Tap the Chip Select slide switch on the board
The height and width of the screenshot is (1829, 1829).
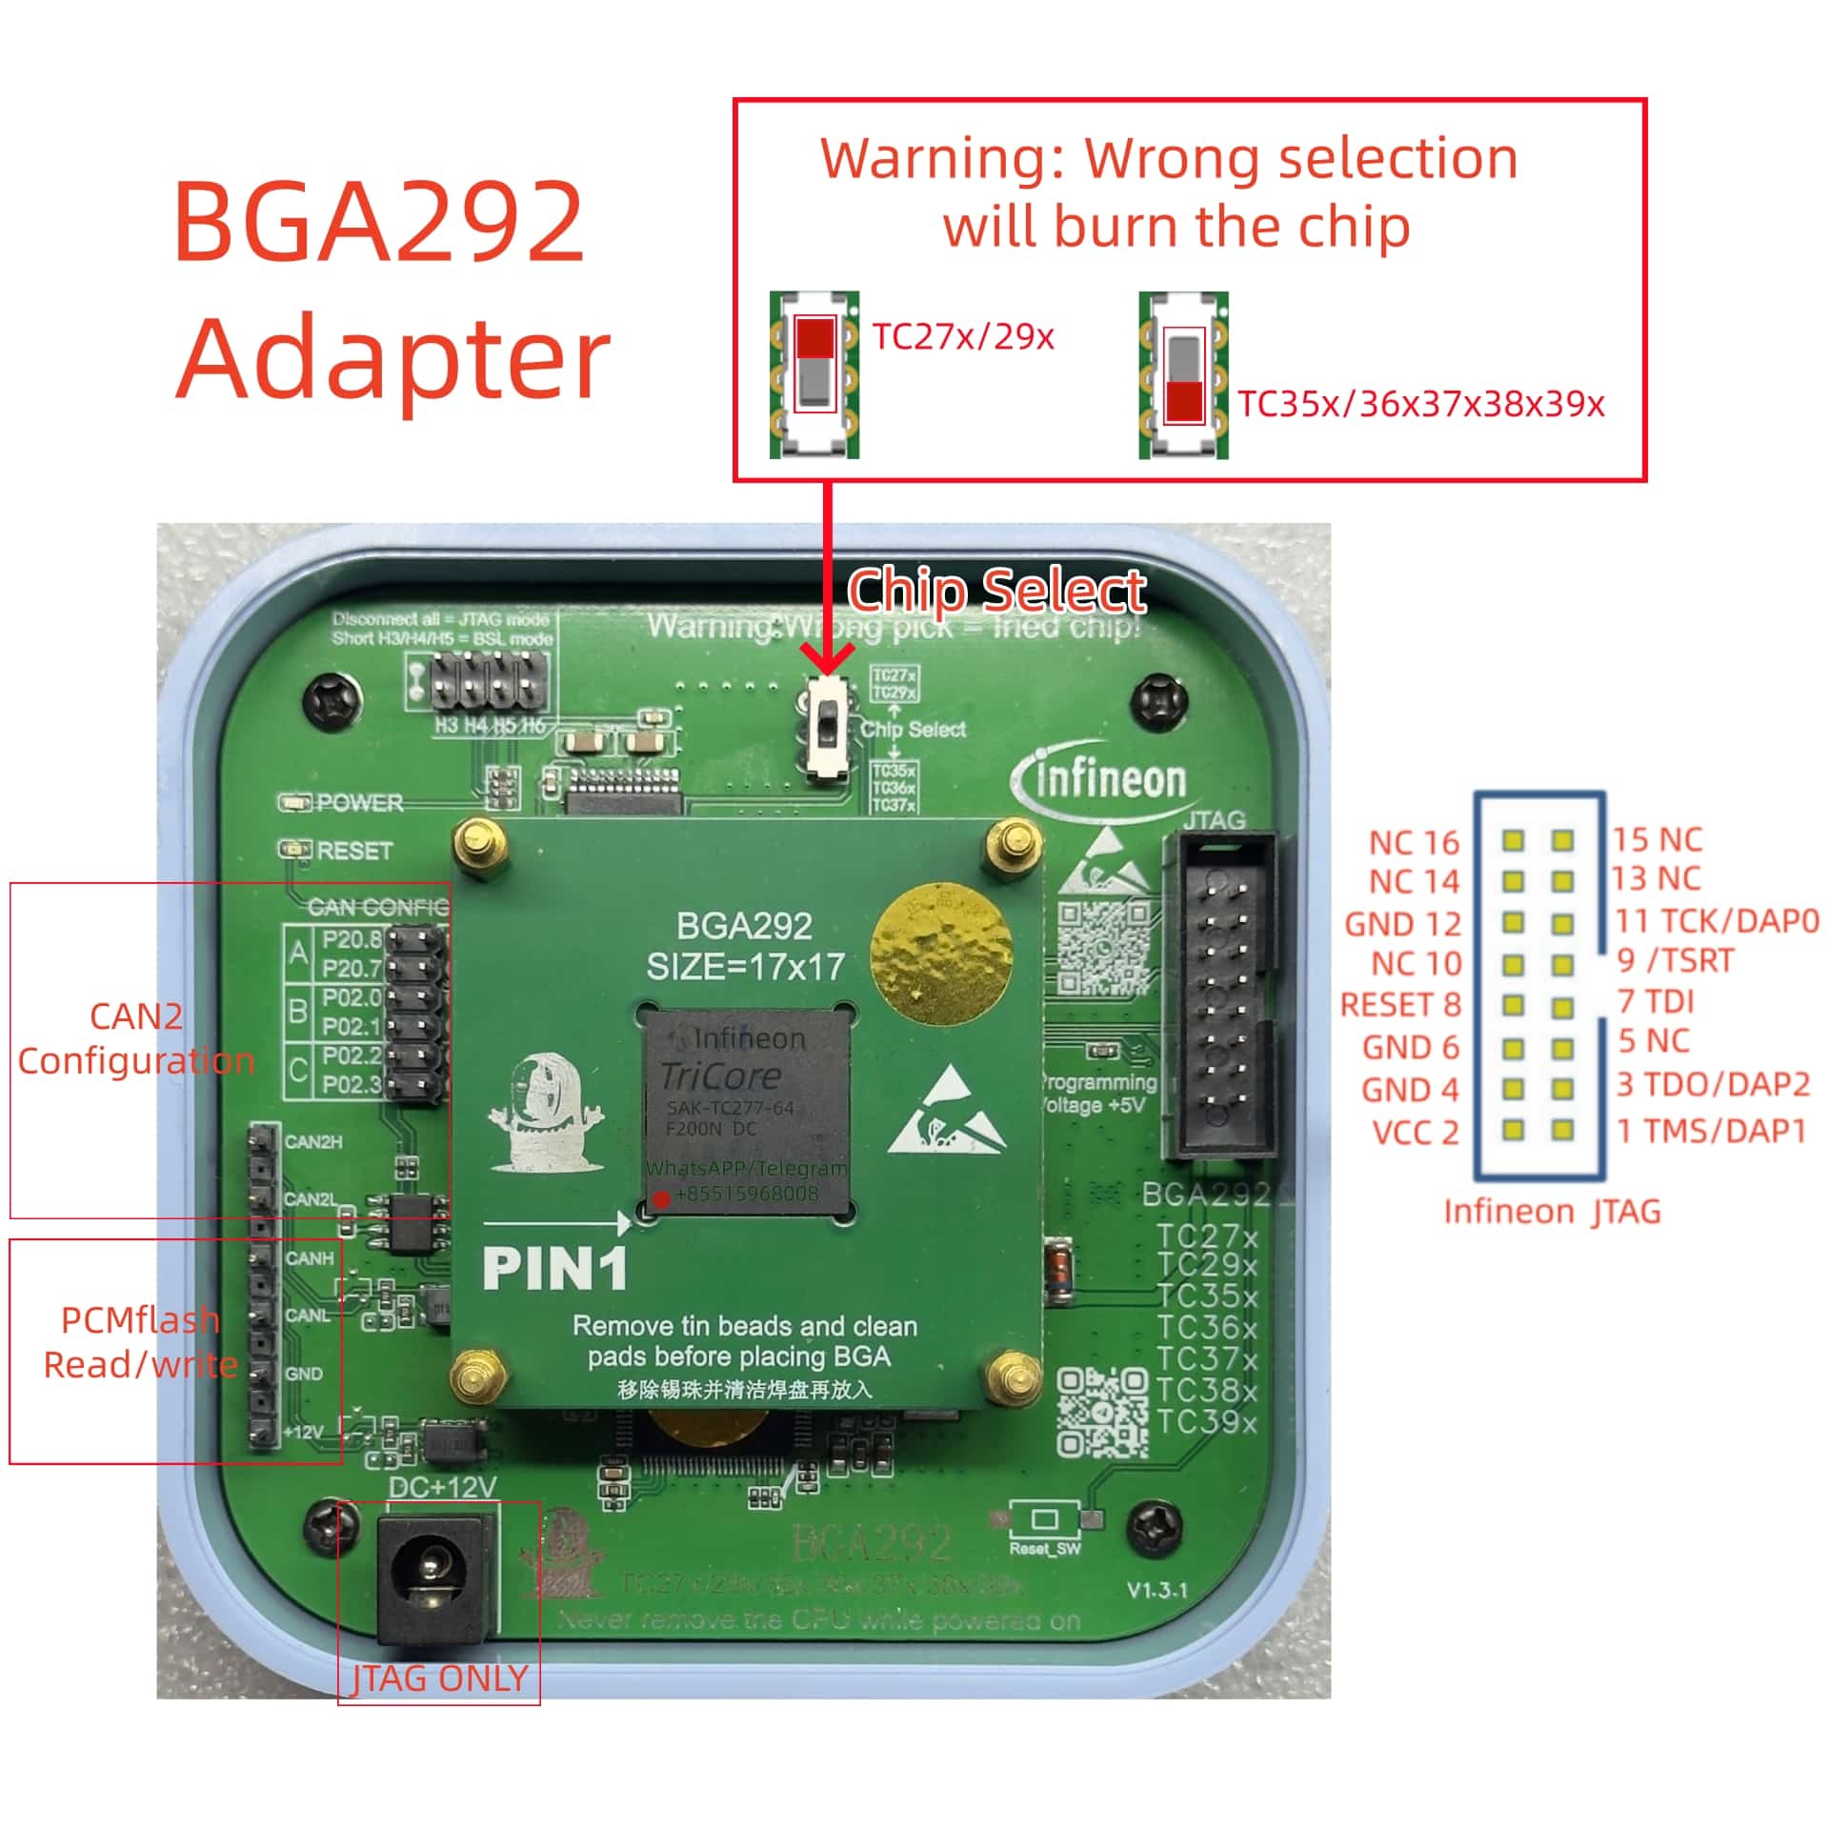coord(829,728)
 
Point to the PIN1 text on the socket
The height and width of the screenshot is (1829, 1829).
coord(555,1269)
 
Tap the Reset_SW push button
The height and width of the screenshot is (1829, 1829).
coord(1045,1518)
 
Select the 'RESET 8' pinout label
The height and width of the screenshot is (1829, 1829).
coord(1399,1005)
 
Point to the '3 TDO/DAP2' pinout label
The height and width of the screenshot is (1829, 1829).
coord(1713,1084)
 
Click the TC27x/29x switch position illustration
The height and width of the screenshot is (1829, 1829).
coord(814,373)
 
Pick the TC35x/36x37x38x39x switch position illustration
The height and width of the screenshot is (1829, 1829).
coord(1183,375)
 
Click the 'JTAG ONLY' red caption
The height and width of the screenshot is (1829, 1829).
coord(439,1678)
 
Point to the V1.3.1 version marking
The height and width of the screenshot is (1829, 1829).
coord(1156,1590)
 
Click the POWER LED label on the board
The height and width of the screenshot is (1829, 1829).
coord(359,803)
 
